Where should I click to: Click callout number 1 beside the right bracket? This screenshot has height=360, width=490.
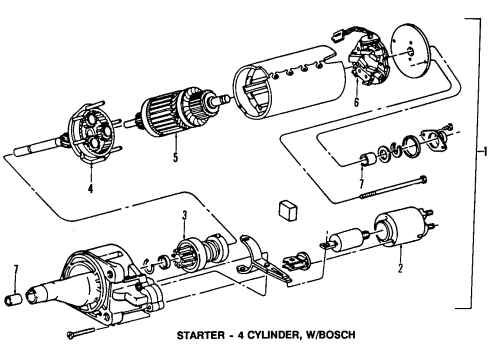coord(484,152)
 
